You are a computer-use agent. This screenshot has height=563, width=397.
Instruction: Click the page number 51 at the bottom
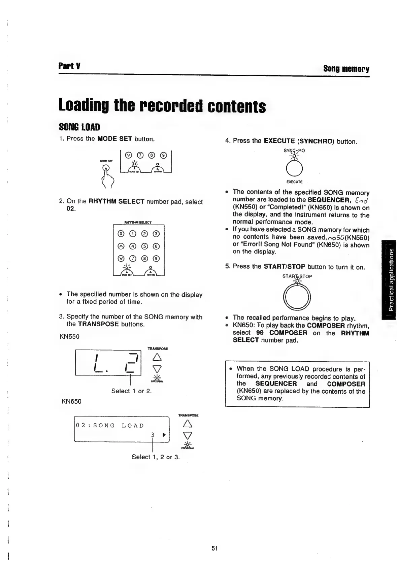215,548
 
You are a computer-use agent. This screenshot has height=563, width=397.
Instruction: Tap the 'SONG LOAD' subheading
79,127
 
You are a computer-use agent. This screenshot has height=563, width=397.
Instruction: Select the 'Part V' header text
69,66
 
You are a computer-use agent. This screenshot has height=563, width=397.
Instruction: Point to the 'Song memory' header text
346,69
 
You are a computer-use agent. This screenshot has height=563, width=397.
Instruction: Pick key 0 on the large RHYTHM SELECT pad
120,234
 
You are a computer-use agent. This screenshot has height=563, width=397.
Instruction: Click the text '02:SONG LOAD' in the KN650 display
110,426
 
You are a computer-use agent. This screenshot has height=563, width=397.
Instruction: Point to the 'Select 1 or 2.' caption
131,391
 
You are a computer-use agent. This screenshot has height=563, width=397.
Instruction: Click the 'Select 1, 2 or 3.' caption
156,457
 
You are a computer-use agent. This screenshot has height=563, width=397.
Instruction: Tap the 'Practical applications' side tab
390,279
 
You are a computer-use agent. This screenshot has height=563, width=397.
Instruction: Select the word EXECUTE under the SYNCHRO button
294,182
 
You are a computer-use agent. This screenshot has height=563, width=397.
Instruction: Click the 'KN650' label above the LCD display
71,401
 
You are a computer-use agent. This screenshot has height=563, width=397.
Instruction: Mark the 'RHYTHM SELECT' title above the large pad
138,223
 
